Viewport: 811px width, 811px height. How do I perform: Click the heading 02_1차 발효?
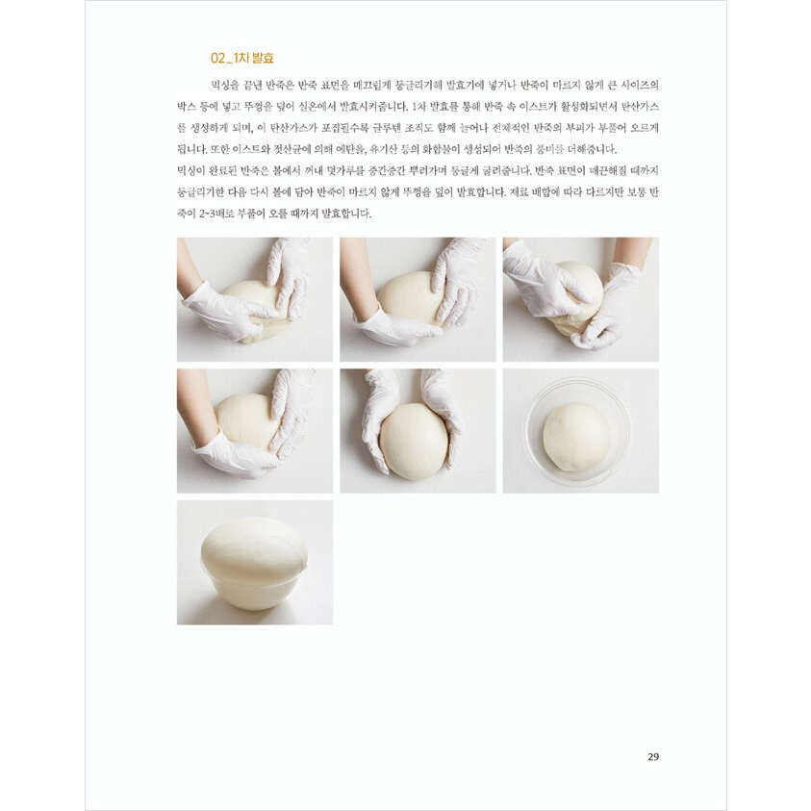[242, 58]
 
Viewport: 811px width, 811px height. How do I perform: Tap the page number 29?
[653, 757]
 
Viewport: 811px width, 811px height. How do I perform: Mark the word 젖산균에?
[291, 149]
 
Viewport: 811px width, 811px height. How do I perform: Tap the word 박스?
[186, 107]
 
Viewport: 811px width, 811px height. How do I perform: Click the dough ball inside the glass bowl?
[576, 437]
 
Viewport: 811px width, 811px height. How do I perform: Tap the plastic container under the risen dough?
[253, 590]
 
